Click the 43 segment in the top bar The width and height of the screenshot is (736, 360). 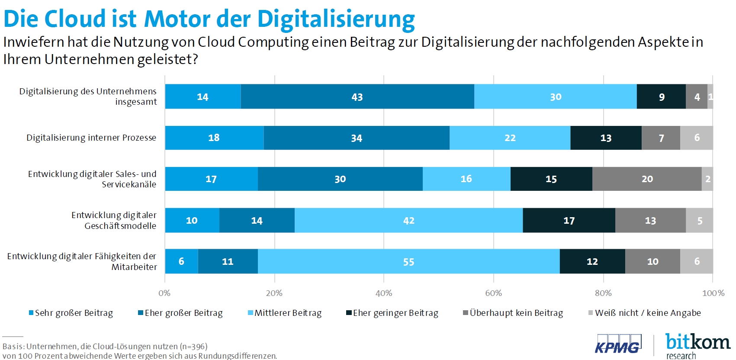point(357,96)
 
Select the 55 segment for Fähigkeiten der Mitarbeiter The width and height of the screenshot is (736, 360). point(408,261)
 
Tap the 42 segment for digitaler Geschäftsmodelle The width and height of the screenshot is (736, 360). point(408,220)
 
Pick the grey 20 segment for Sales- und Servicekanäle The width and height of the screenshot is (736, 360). point(647,179)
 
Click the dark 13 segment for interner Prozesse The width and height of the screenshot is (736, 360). point(606,138)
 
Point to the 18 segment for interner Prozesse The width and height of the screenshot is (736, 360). point(214,138)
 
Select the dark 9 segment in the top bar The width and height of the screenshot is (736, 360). point(661,96)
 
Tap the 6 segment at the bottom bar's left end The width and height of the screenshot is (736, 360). point(181,261)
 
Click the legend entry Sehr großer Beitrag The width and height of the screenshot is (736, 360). point(71,313)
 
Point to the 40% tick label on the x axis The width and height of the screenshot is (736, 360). point(384,293)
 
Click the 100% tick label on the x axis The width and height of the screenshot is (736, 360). point(713,293)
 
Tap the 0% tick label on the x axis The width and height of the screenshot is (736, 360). point(164,293)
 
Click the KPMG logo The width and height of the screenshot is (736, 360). point(618,344)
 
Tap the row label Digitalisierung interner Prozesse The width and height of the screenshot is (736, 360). point(91,138)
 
